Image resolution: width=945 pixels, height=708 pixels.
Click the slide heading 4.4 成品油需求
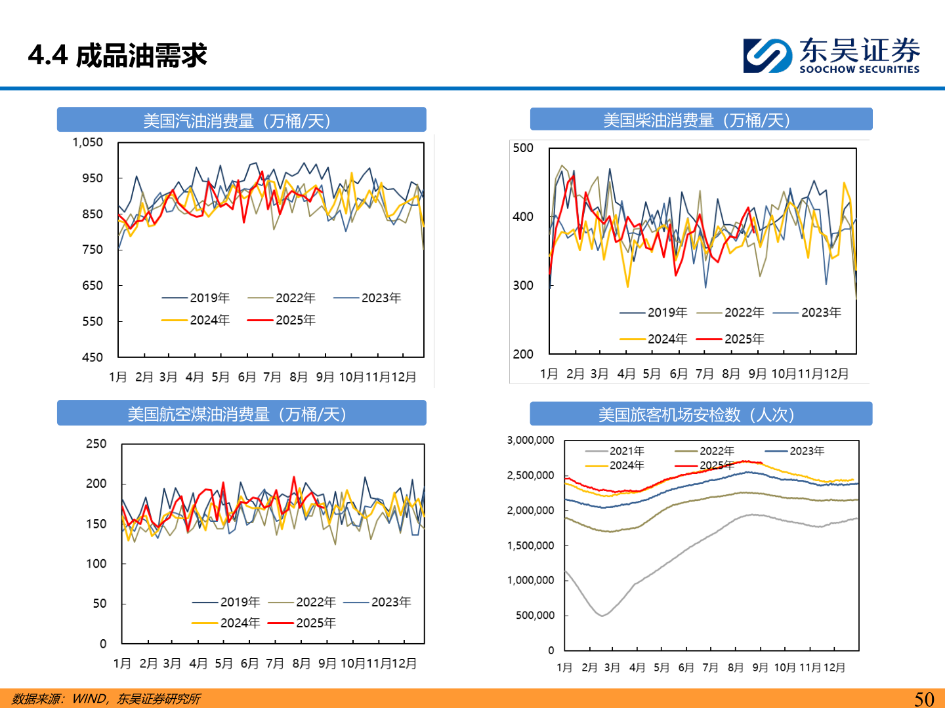[x=117, y=56]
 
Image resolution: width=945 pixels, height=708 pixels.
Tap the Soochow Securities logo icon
[x=767, y=55]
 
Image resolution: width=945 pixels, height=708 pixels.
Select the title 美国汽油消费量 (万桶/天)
[x=241, y=121]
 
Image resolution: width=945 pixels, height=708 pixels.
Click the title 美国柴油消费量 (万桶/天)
[x=701, y=120]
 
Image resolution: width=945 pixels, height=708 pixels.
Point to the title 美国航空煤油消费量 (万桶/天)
[x=241, y=414]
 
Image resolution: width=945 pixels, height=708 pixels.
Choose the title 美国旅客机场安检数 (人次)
[x=701, y=415]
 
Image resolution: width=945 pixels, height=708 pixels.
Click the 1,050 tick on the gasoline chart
[x=88, y=142]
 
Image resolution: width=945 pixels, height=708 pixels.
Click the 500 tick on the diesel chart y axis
[x=523, y=148]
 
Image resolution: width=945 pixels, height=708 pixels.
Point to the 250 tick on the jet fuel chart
[x=96, y=444]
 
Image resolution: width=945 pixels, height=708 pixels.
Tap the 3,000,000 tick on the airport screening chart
[x=530, y=440]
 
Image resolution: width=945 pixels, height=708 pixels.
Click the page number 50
[x=924, y=699]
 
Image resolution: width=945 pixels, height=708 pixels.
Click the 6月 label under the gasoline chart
[x=247, y=377]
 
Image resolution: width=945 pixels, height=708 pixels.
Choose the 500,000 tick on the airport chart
[x=535, y=615]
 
